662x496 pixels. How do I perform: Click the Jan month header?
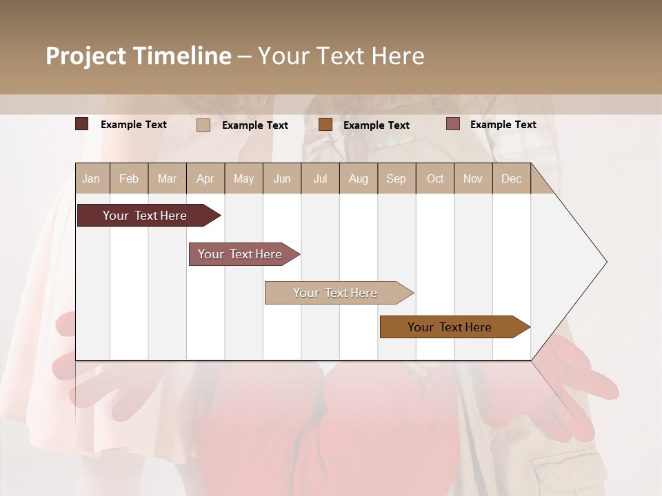pyautogui.click(x=92, y=178)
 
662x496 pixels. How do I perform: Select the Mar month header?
pyautogui.click(x=167, y=178)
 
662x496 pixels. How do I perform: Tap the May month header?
pyautogui.click(x=243, y=178)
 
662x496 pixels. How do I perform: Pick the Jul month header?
pyautogui.click(x=320, y=178)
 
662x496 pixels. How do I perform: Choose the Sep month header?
pyautogui.click(x=396, y=178)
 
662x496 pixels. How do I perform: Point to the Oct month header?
pyautogui.click(x=435, y=178)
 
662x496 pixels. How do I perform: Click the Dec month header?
pyautogui.click(x=511, y=178)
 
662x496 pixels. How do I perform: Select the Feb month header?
pyautogui.click(x=129, y=178)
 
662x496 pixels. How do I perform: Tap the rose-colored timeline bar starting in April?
pyautogui.click(x=241, y=254)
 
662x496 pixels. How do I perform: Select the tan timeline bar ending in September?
pyautogui.click(x=337, y=293)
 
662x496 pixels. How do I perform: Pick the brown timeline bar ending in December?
pyautogui.click(x=452, y=327)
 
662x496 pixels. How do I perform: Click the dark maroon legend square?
pyautogui.click(x=81, y=124)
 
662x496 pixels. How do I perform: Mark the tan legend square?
pyautogui.click(x=203, y=125)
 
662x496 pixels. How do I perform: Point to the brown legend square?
pyautogui.click(x=325, y=125)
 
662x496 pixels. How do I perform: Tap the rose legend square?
pyautogui.click(x=452, y=124)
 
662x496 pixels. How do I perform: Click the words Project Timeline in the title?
pyautogui.click(x=138, y=56)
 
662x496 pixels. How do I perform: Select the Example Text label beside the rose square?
pyautogui.click(x=503, y=125)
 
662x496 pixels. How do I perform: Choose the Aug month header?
pyautogui.click(x=358, y=178)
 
